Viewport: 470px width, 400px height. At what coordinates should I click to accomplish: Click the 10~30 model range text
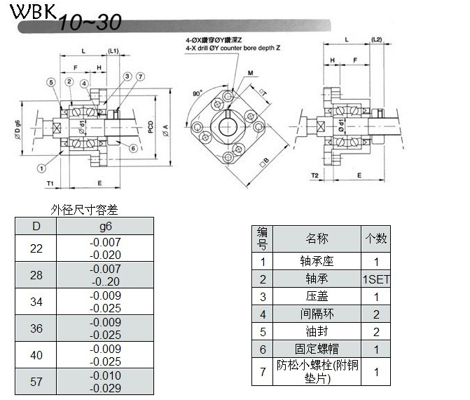pos(90,23)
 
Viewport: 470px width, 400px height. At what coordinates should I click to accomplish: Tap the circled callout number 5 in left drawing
pos(51,83)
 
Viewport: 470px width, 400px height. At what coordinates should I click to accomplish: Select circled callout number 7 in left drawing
pos(140,76)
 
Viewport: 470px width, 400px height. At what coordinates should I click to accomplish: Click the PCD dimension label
pos(151,125)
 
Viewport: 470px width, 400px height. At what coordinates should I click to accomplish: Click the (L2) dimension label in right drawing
pos(376,39)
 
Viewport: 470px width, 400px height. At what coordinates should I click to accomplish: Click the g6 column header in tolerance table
pos(105,226)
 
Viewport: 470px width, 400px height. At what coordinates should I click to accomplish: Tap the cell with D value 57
pos(36,382)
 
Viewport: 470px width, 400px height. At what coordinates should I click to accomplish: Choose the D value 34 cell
pos(36,302)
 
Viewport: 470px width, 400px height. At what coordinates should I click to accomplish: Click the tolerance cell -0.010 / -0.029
pos(105,382)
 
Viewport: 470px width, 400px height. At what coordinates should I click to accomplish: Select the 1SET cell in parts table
pos(375,279)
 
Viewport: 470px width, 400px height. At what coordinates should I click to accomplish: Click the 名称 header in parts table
pos(317,239)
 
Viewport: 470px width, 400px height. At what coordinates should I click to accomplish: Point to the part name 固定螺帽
pos(317,349)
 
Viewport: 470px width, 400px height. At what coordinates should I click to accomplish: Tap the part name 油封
pos(317,331)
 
